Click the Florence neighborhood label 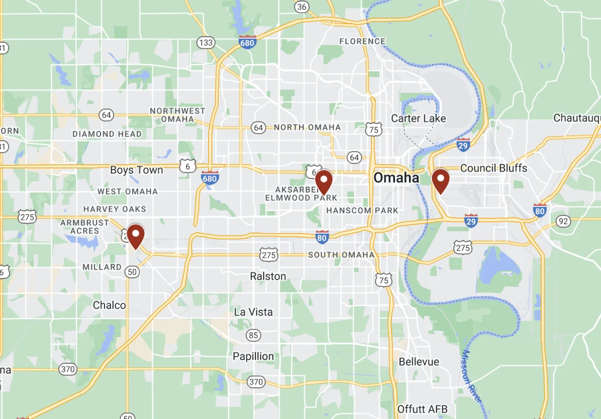click(362, 41)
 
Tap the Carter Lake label click(418, 119)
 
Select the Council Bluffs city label click(493, 168)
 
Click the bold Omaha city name click(396, 178)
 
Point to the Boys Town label click(137, 170)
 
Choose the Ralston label click(268, 276)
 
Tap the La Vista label click(253, 312)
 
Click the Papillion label click(253, 357)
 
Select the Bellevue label click(419, 362)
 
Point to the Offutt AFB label click(422, 409)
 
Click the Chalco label click(110, 305)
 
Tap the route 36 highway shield click(302, 7)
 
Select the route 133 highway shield click(206, 42)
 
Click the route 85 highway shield click(253, 335)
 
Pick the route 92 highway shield click(563, 221)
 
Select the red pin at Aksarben click(324, 181)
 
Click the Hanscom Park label click(362, 211)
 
